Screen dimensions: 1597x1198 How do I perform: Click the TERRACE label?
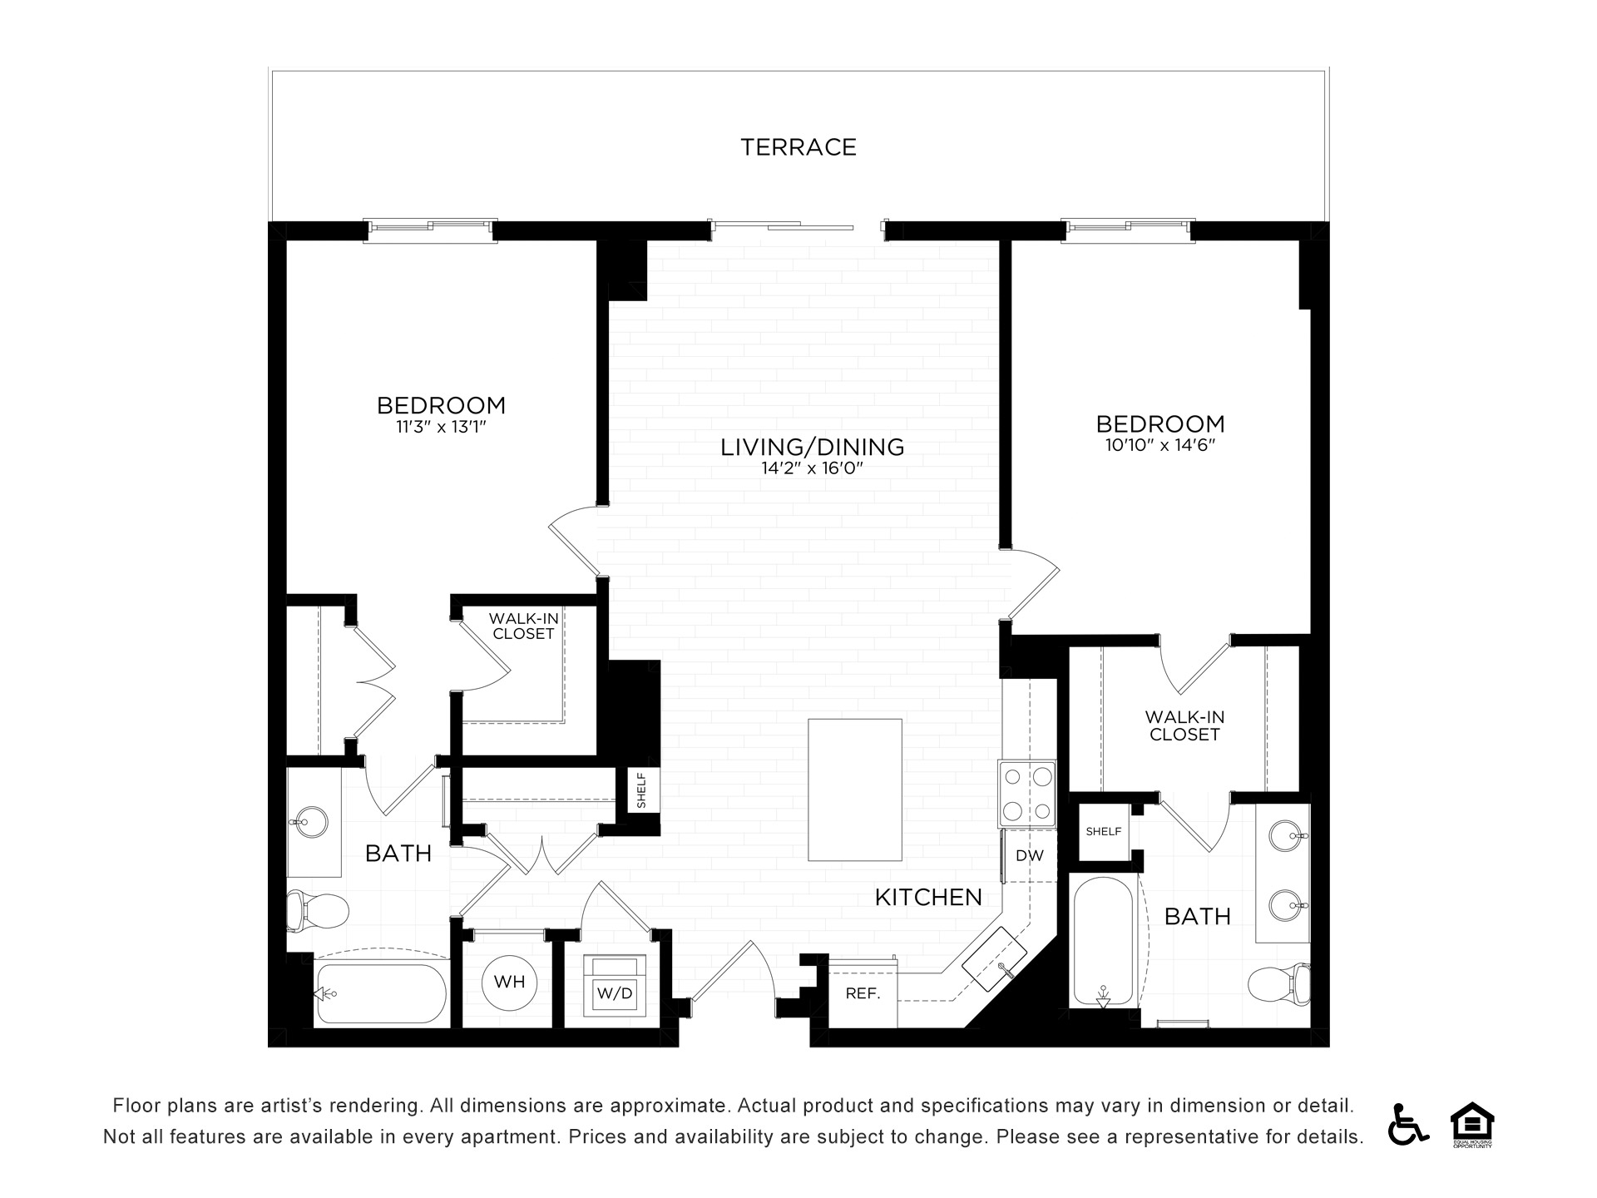point(798,147)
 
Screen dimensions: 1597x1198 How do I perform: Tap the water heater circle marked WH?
point(509,982)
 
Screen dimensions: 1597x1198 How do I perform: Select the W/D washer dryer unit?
point(615,986)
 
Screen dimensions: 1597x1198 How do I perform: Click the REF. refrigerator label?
point(863,993)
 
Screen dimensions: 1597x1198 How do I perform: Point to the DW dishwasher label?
point(1029,855)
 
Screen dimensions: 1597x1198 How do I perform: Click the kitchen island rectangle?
point(855,790)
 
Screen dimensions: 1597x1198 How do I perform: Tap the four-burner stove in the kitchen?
point(1027,794)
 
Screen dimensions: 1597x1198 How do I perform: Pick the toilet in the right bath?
point(1279,984)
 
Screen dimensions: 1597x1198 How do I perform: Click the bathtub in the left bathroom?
point(381,993)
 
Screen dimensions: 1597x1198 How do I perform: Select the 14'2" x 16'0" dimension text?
point(813,468)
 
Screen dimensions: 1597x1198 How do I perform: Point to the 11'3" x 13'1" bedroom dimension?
point(441,428)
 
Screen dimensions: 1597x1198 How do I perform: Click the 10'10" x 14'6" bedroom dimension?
point(1160,445)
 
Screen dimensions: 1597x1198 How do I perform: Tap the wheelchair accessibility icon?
point(1407,1124)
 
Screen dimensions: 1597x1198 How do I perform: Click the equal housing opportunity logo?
point(1472,1124)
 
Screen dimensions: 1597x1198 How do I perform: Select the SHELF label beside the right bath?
point(1104,831)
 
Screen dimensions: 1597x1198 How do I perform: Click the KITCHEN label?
point(928,897)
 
